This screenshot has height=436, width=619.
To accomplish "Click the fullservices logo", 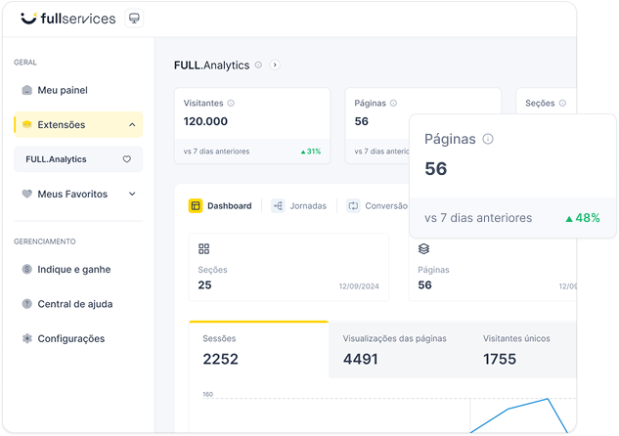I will click(67, 19).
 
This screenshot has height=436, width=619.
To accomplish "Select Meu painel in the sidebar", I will click(63, 90).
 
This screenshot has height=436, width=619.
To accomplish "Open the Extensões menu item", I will click(62, 125).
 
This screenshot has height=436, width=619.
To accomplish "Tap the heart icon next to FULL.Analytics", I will click(126, 159).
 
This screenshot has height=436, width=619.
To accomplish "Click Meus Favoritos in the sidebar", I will click(72, 194).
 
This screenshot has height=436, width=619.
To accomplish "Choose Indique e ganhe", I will click(73, 269).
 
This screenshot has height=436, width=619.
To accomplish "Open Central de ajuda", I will click(74, 304).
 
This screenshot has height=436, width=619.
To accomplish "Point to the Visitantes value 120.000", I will click(205, 121).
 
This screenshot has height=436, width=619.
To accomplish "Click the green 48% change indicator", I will click(583, 218).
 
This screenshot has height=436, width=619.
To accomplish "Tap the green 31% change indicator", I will click(311, 152).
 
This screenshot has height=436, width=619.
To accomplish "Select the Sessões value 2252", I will click(220, 359).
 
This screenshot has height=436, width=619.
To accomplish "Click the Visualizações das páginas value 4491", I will click(360, 359).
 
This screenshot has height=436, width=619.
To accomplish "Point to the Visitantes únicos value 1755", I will click(500, 359).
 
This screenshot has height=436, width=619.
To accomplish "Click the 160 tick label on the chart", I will click(208, 395).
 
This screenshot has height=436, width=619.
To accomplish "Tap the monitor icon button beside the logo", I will click(135, 19).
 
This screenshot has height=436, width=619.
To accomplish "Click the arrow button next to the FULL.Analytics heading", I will click(275, 65).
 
